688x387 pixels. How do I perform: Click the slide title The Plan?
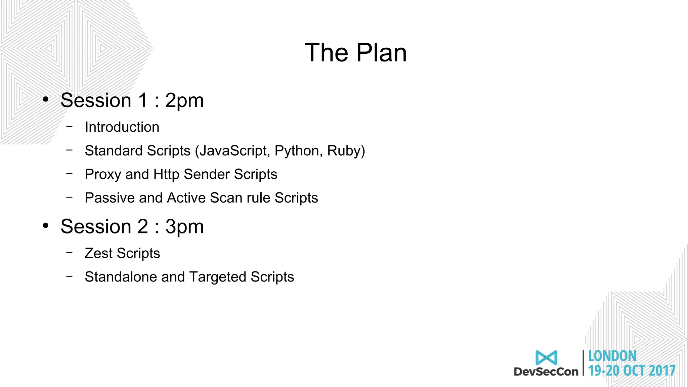355,53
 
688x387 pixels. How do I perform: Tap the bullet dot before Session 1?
46,99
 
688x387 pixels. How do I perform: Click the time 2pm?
184,100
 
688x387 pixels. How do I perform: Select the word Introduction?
122,127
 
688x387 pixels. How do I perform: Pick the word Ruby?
344,151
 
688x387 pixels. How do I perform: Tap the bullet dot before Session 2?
46,226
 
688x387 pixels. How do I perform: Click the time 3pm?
184,227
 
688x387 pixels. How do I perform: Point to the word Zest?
98,253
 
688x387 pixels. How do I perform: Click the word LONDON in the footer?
612,356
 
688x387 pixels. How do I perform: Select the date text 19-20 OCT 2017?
632,371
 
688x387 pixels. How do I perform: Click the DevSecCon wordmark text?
546,372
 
